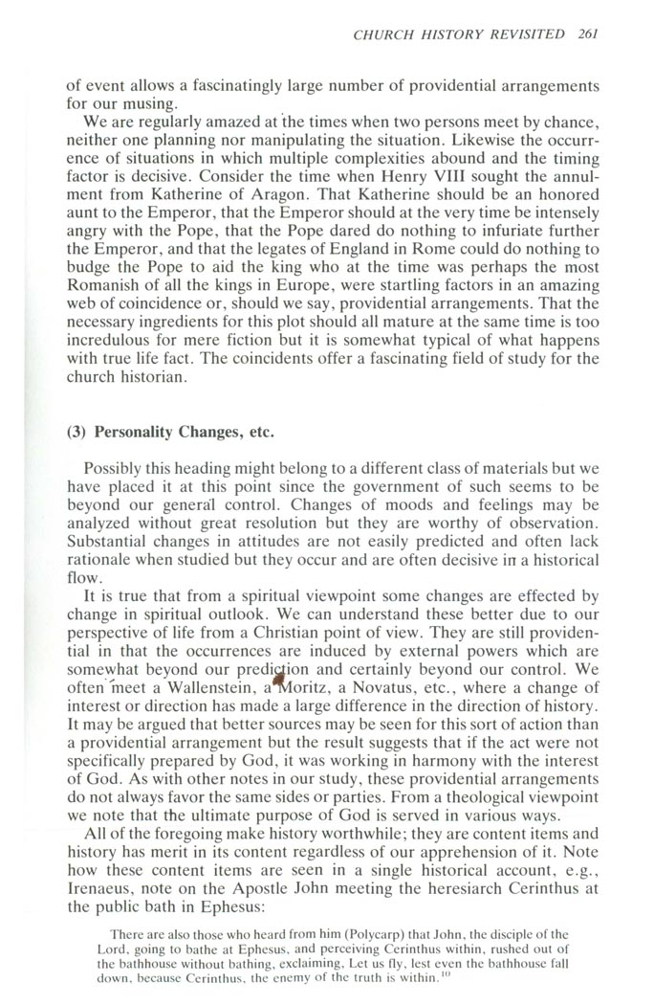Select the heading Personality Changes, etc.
(x=170, y=432)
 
